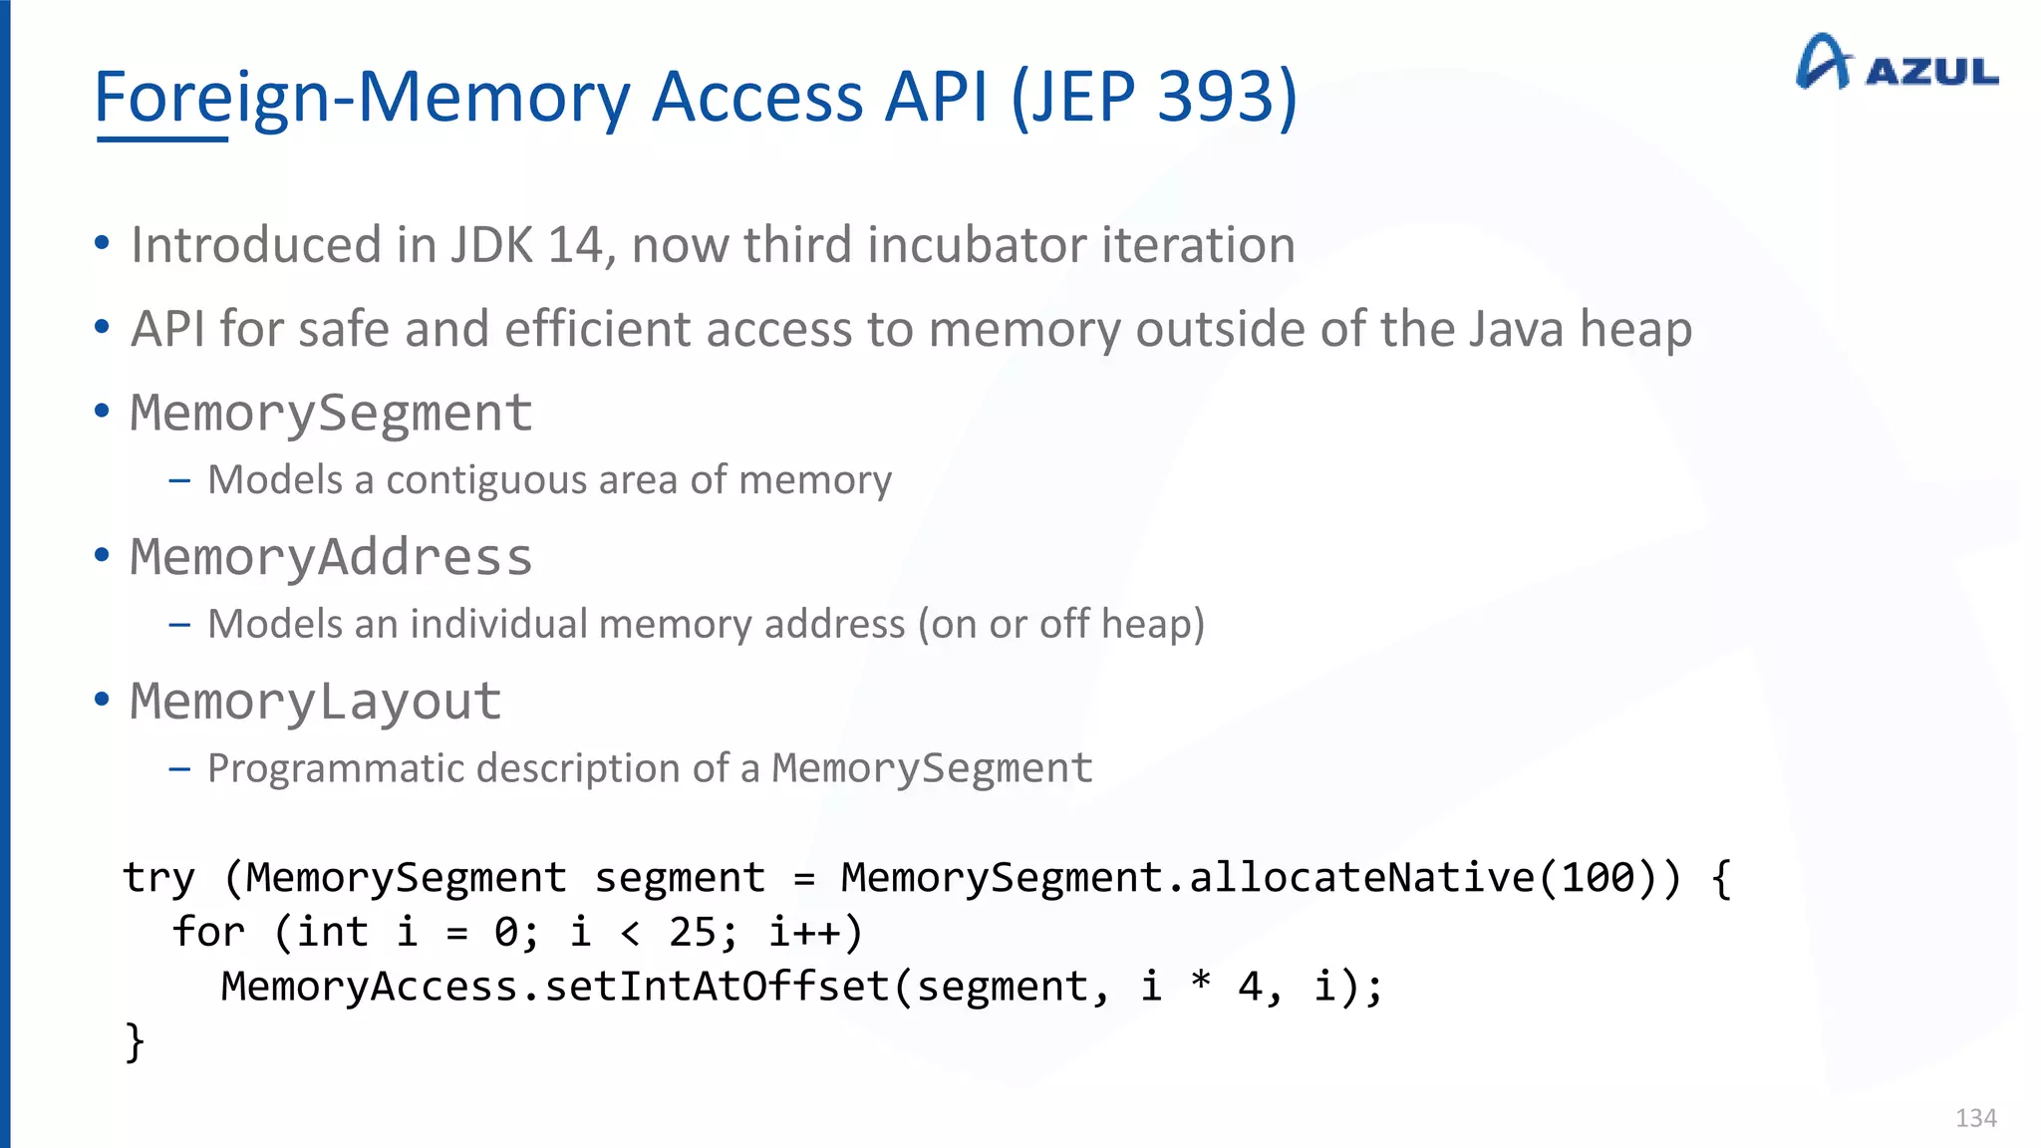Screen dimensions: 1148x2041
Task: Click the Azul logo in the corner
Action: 1895,63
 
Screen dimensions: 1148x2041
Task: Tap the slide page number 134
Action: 1975,1118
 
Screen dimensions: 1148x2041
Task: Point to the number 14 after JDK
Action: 575,245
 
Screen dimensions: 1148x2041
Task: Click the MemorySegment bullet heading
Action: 331,413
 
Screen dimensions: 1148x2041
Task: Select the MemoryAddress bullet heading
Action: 331,557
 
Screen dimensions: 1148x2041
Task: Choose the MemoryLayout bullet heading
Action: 315,702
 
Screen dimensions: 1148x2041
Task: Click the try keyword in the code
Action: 158,878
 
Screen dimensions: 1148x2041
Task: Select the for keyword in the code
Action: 207,933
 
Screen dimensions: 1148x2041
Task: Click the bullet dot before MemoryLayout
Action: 102,700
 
